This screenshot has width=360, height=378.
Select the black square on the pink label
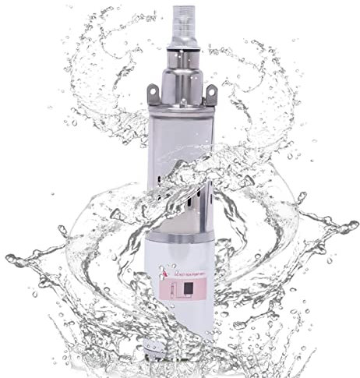click(x=190, y=288)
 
